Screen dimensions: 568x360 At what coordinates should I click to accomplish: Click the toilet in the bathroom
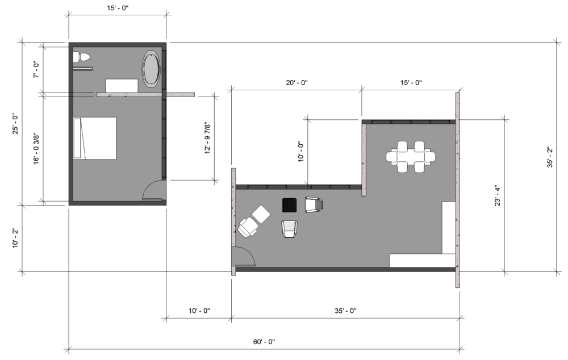[81, 57]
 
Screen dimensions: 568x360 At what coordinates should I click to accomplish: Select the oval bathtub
[151, 69]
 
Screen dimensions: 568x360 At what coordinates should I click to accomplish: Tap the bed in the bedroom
[95, 139]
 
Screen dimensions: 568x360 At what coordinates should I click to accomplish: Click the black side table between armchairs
[290, 205]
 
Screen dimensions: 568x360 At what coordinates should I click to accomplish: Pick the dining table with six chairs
[411, 157]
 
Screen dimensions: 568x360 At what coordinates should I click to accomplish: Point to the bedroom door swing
[152, 190]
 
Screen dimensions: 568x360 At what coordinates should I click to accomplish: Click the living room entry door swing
[244, 257]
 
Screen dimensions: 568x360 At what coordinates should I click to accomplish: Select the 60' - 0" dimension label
[264, 341]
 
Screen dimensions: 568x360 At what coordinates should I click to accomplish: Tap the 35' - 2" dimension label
[550, 157]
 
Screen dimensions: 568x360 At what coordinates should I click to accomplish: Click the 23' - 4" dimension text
[498, 195]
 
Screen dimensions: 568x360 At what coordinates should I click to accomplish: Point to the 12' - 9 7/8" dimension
[207, 137]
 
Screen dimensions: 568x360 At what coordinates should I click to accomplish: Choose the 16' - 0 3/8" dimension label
[36, 149]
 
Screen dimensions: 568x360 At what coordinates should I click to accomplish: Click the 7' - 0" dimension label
[36, 69]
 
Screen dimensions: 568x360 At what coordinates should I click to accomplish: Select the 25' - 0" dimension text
[15, 124]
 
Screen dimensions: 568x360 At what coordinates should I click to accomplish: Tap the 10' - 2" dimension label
[15, 238]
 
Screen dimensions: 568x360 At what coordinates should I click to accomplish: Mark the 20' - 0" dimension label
[296, 82]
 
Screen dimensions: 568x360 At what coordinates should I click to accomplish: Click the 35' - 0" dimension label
[345, 311]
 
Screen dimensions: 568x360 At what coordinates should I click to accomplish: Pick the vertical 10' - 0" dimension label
[301, 152]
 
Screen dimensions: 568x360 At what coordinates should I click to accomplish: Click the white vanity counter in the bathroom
[122, 86]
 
